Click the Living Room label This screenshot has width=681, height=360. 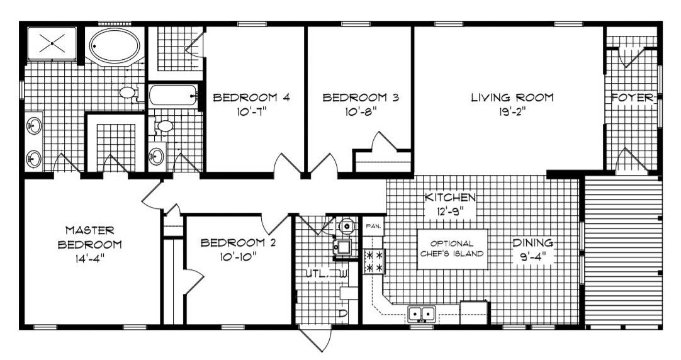(x=512, y=98)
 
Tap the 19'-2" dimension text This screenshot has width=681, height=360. (x=512, y=112)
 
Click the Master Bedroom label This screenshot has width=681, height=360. (x=90, y=237)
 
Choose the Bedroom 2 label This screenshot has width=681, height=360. (x=238, y=242)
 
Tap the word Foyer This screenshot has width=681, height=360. (x=633, y=98)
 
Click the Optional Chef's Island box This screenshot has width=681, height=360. (x=452, y=249)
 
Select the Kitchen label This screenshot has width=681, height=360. (x=450, y=197)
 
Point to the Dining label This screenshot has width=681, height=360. (x=533, y=242)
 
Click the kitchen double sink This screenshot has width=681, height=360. (x=421, y=313)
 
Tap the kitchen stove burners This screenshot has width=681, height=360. (x=374, y=261)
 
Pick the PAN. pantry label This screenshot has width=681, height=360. (x=373, y=226)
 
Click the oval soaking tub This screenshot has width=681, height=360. (x=115, y=45)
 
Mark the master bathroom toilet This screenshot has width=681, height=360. (x=129, y=92)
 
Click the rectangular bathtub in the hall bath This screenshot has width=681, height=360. (x=172, y=96)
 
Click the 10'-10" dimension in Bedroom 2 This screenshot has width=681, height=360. (x=238, y=257)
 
